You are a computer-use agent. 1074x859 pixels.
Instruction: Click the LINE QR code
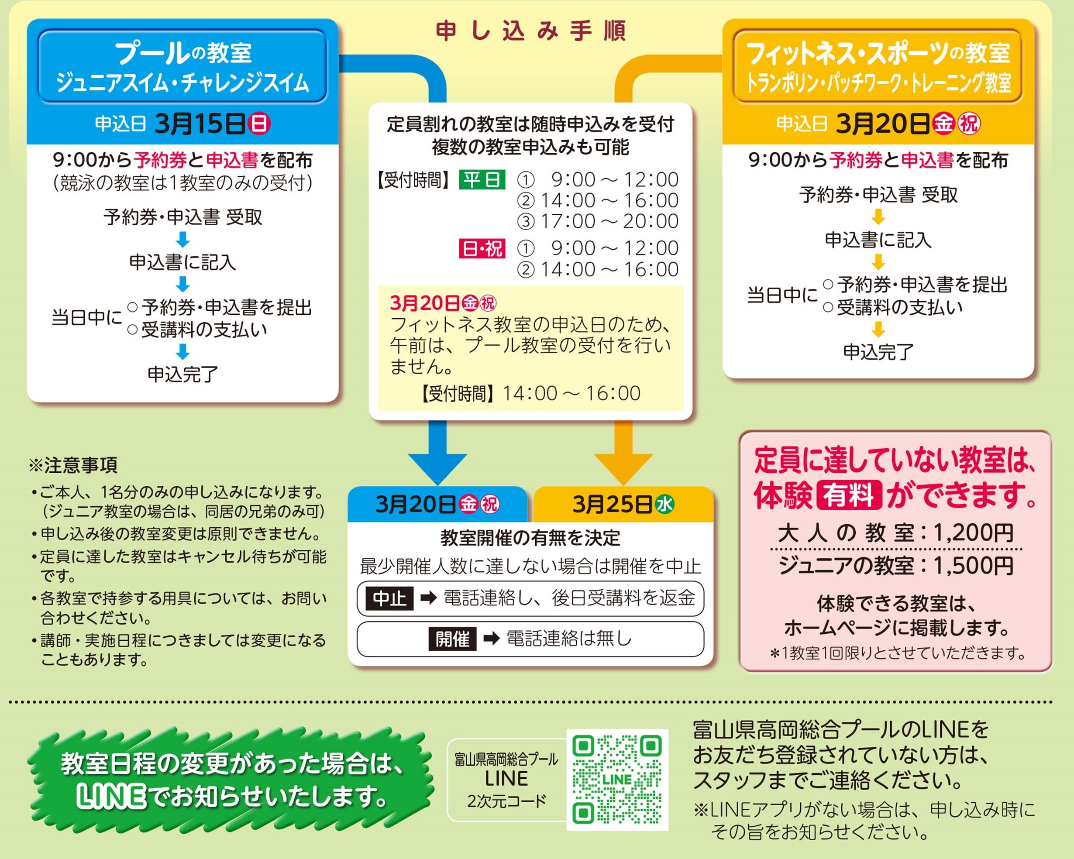617,780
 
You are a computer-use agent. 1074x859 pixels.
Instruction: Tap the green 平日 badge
482,180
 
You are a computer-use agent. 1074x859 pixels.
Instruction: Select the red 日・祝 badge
482,248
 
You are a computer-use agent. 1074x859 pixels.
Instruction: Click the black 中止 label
389,598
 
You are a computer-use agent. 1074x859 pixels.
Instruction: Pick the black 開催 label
452,639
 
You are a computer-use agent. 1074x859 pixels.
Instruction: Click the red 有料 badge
849,495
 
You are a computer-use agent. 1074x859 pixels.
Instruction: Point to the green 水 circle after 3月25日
664,504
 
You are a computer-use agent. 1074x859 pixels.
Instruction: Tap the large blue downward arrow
437,458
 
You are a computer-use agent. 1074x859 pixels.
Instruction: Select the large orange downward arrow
623,458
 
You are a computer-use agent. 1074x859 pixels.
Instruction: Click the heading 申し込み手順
530,31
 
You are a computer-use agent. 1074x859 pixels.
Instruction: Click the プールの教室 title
183,53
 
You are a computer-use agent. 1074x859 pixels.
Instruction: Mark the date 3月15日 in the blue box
199,124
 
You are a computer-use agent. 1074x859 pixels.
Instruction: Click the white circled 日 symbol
259,124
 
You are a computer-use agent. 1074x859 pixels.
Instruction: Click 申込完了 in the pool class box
183,374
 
